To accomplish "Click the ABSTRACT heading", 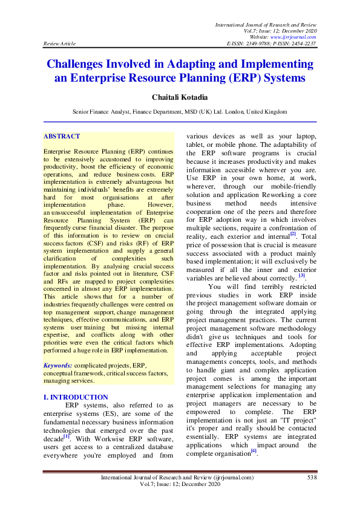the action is coord(62,137).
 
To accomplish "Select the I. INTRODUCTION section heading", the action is coord(76,397).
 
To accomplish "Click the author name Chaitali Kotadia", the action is coord(180,97).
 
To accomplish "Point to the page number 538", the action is coord(312,478).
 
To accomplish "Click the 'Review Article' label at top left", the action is coord(59,44).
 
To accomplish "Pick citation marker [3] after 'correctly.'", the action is coord(301,275).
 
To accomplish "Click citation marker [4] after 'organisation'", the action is coord(254,450).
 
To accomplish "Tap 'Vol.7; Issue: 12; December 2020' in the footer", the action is coord(180,485).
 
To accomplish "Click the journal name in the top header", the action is coord(266,24).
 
